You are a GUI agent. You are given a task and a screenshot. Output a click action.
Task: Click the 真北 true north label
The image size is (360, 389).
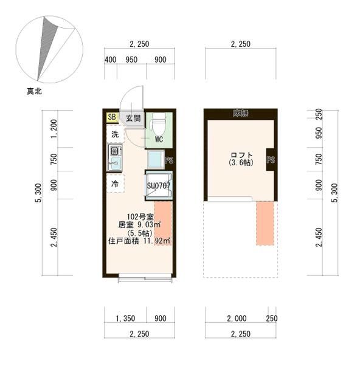(34, 92)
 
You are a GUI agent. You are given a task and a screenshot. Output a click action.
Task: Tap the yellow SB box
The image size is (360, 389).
(112, 117)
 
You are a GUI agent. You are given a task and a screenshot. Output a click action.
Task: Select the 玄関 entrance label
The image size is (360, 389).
(133, 118)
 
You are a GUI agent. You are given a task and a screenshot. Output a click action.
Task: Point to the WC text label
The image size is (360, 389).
(159, 139)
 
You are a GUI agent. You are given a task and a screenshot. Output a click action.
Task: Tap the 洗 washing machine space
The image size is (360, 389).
(114, 134)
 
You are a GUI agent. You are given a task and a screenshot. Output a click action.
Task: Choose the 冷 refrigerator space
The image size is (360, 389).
(114, 183)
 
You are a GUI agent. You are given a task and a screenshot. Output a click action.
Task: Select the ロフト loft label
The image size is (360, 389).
(241, 154)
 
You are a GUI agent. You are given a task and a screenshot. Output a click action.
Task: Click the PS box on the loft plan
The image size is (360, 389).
(271, 160)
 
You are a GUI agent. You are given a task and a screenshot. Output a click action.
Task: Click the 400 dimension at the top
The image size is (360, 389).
(110, 60)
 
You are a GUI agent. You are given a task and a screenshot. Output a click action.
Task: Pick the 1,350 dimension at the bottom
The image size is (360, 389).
(125, 318)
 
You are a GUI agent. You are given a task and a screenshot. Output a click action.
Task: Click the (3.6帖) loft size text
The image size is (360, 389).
(241, 163)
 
